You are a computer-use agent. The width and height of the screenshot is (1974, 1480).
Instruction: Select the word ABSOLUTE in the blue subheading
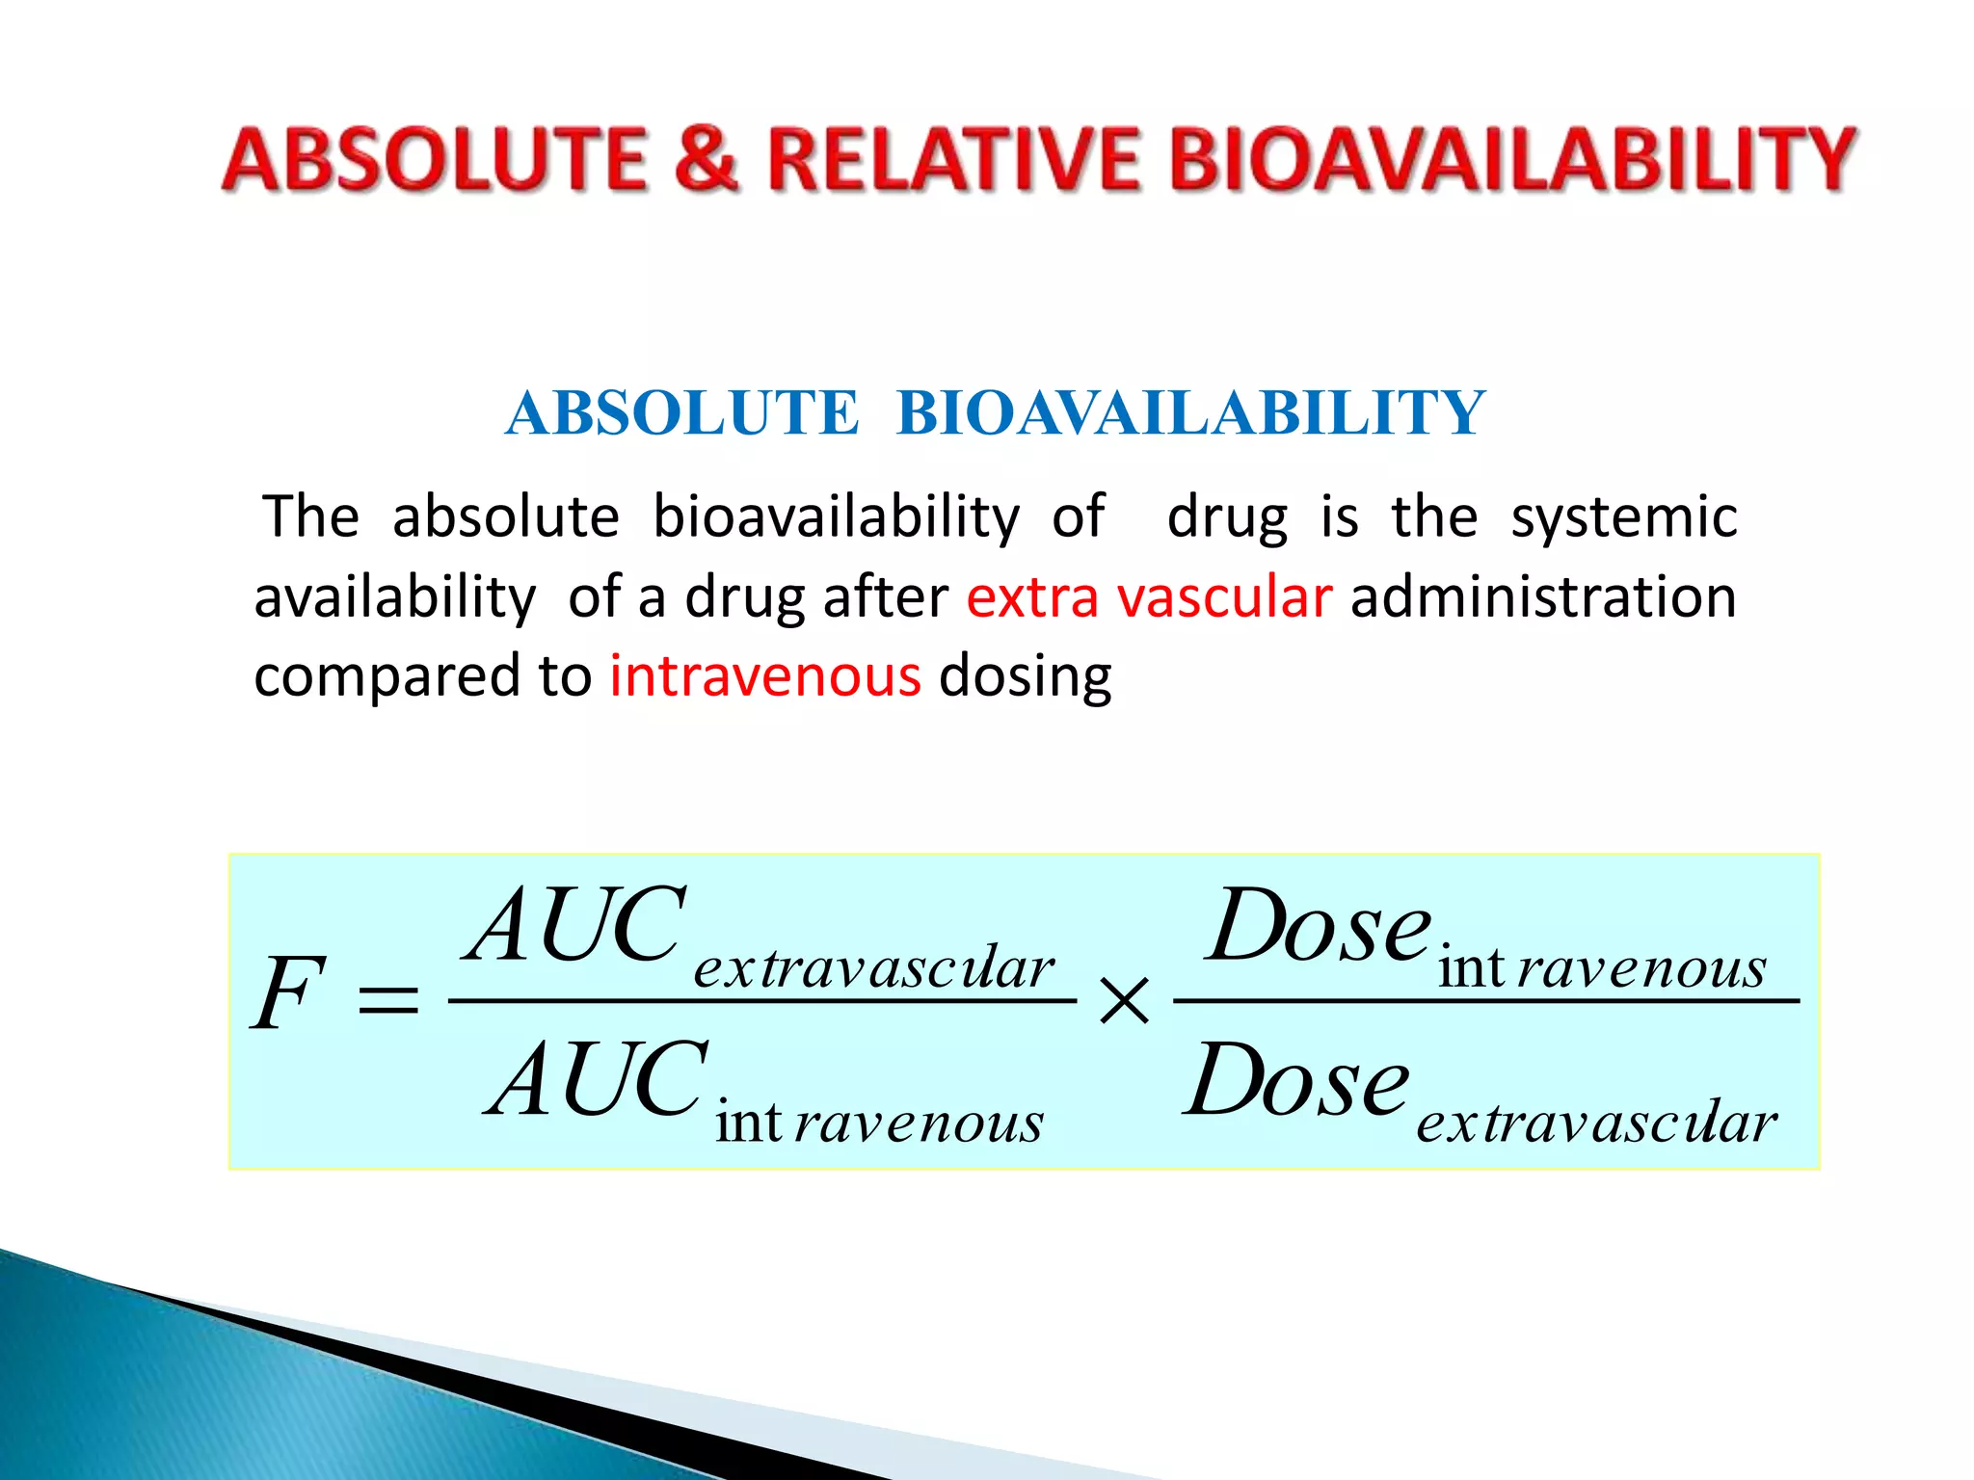pyautogui.click(x=681, y=413)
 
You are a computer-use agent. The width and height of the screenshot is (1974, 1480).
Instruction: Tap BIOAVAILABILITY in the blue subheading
pyautogui.click(x=1190, y=413)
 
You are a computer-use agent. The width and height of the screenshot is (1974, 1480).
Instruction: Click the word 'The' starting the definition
pyautogui.click(x=310, y=516)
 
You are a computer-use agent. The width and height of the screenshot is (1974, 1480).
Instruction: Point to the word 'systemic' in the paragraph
pyautogui.click(x=1623, y=518)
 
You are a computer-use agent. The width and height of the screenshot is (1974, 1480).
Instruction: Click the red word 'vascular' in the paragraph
pyautogui.click(x=1224, y=596)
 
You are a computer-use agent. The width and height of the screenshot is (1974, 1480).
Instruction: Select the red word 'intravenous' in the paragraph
pyautogui.click(x=765, y=675)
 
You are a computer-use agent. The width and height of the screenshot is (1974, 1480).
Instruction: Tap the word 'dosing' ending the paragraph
pyautogui.click(x=1025, y=677)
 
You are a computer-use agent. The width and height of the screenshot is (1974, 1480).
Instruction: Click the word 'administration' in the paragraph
pyautogui.click(x=1543, y=596)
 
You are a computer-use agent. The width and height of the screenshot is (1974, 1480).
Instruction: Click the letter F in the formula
pyautogui.click(x=286, y=993)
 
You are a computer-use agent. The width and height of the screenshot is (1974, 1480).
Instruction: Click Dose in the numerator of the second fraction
pyautogui.click(x=1318, y=927)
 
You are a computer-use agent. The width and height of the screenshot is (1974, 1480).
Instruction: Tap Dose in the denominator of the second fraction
pyautogui.click(x=1297, y=1081)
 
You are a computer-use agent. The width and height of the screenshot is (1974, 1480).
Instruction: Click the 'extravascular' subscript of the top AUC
pyautogui.click(x=873, y=967)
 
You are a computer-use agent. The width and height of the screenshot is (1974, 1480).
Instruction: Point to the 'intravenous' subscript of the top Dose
pyautogui.click(x=1601, y=967)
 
